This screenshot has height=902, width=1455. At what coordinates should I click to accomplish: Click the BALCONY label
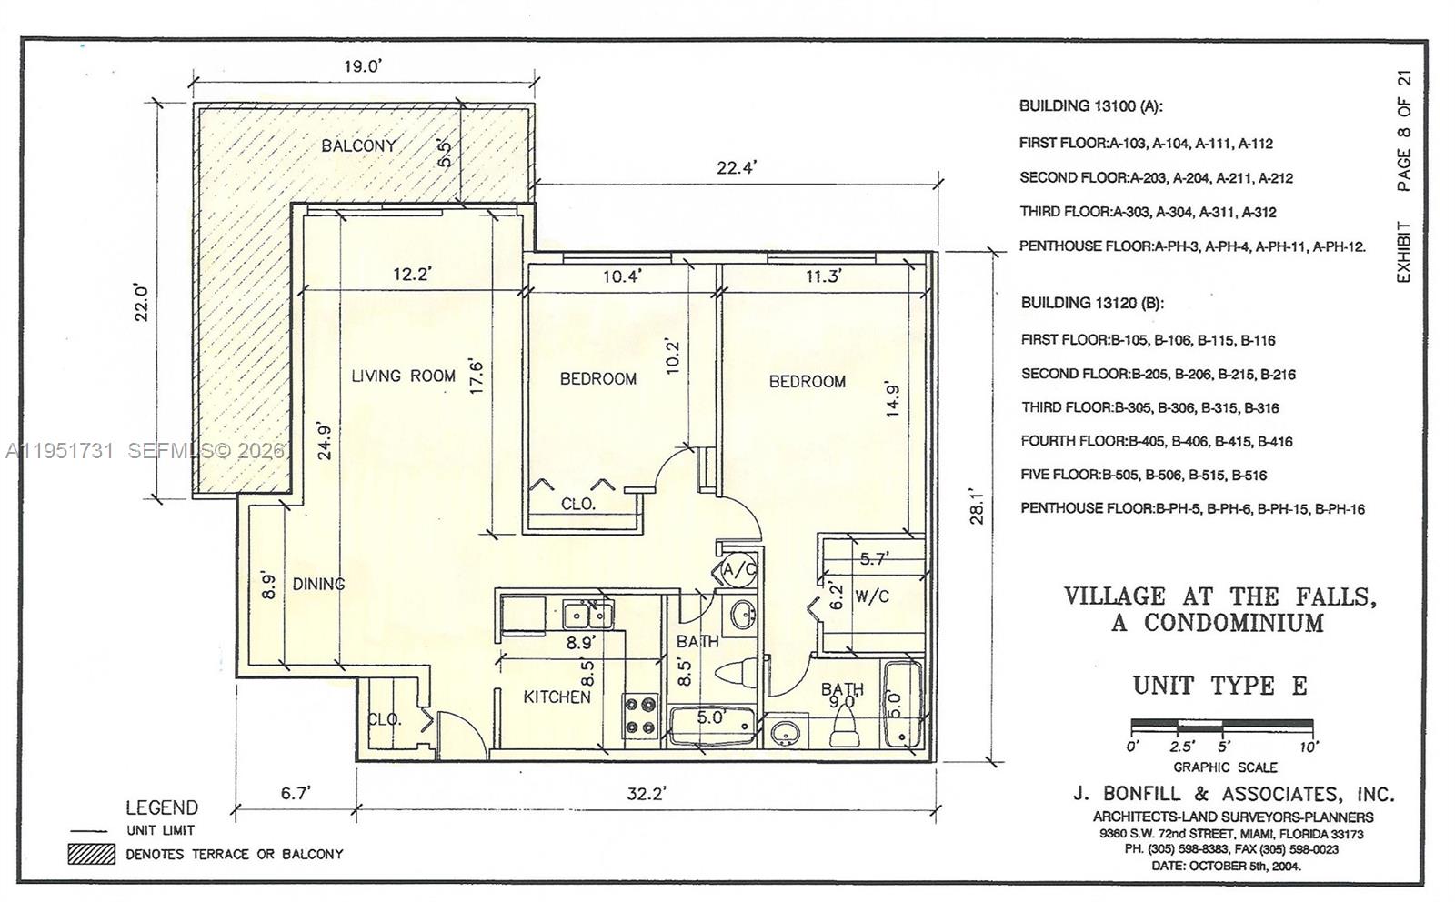point(358,145)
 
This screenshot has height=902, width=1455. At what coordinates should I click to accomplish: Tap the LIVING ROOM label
point(403,376)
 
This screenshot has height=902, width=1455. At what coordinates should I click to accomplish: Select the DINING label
point(318,584)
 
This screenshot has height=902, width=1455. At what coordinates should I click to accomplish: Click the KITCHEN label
point(557,697)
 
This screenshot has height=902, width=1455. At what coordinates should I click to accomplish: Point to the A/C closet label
point(739,570)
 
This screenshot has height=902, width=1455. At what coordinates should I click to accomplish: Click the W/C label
point(872,596)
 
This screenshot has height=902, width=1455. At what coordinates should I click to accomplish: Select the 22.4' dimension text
point(737,167)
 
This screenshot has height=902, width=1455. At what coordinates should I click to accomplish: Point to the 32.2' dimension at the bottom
point(646,793)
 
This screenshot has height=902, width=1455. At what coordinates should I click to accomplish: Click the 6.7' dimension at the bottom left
point(296,793)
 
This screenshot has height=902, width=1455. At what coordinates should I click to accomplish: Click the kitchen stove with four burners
point(640,715)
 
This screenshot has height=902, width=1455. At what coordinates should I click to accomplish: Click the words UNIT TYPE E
point(1219,685)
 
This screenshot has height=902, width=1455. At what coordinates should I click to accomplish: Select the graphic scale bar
point(1221,727)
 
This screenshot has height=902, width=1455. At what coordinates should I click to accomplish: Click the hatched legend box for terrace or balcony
point(91,854)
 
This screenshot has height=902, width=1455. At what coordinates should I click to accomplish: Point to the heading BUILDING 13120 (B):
point(1091,303)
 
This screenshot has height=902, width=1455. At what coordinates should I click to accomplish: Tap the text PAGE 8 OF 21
point(1405,132)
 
